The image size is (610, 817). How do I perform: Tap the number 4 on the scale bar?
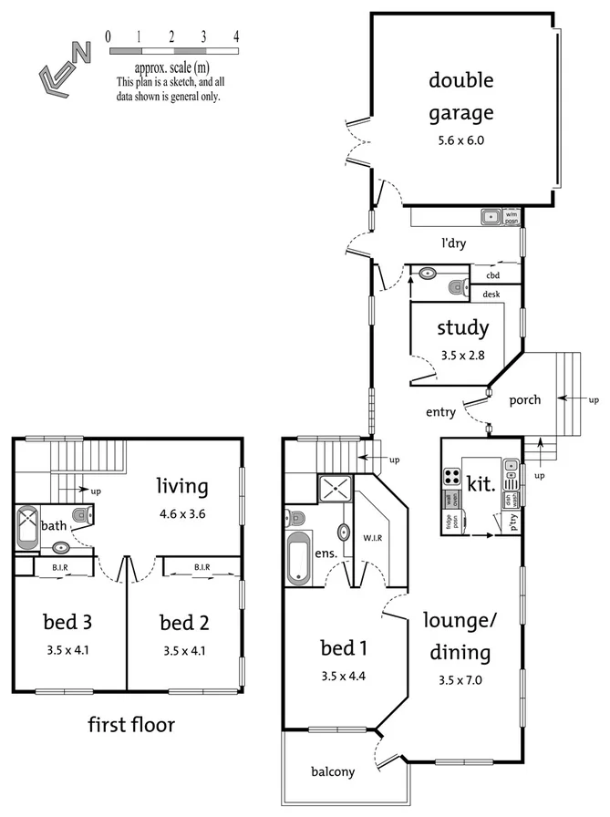pos(236,36)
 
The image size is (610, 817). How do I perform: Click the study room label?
pos(462,328)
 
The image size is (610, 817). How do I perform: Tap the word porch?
pos(524,399)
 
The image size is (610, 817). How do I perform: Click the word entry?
pos(440,412)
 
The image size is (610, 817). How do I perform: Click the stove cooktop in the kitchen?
pos(452,476)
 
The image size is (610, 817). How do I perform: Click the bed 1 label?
pos(344,649)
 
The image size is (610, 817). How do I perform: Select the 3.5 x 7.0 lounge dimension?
pos(460,678)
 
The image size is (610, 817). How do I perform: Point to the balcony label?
pos(331,771)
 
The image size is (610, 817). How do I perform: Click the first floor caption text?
pos(130,725)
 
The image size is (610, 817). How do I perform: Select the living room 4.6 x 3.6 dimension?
pos(181,513)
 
